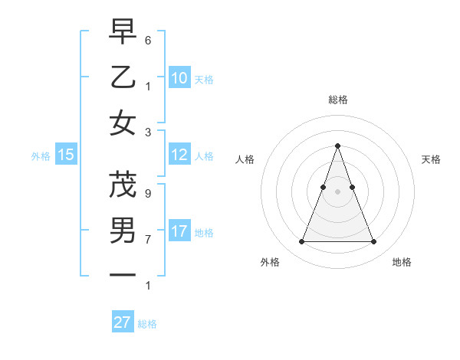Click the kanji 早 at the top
(x=123, y=33)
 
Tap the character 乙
(x=123, y=77)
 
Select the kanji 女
(x=123, y=123)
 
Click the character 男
(x=123, y=229)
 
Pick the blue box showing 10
(x=179, y=77)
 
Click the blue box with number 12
(x=179, y=155)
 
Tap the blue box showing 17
(x=179, y=231)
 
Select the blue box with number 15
(x=66, y=155)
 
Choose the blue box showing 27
(x=123, y=322)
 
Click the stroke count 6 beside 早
(x=148, y=39)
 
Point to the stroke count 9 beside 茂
(x=148, y=194)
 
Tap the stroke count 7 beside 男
(x=148, y=239)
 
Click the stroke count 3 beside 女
(x=148, y=132)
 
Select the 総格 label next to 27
(x=147, y=324)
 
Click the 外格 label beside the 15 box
(x=41, y=156)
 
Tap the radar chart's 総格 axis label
(x=337, y=100)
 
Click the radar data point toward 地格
(x=373, y=242)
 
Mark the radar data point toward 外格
(x=301, y=242)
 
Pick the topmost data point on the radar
(x=337, y=146)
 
